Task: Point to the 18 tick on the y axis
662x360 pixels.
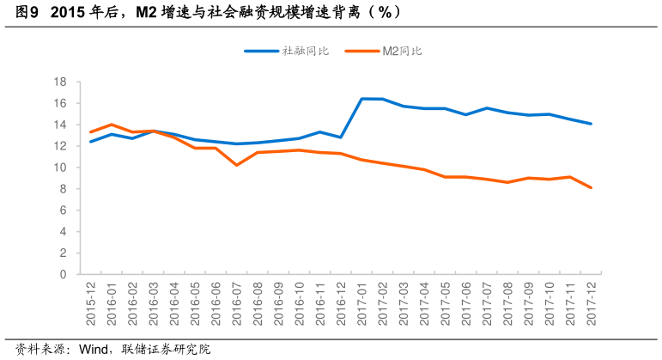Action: (60, 82)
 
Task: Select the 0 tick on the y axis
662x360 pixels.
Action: (64, 275)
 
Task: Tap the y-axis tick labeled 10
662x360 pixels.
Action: (60, 168)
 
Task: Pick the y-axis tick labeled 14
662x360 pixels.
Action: (60, 125)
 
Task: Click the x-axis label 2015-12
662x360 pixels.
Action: (91, 302)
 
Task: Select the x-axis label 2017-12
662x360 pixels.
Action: (591, 302)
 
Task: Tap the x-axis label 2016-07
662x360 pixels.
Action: (237, 302)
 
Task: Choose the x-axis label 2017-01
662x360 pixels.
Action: (361, 302)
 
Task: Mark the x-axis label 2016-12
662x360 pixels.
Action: (341, 302)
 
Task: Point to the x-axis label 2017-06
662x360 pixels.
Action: (466, 302)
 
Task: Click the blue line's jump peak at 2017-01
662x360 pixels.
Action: (361, 99)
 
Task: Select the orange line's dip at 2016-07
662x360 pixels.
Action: (237, 165)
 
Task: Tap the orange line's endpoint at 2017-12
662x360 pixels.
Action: (591, 187)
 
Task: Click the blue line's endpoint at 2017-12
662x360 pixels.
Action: (591, 124)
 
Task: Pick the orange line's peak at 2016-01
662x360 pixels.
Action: (112, 125)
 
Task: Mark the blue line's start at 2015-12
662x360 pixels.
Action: (91, 142)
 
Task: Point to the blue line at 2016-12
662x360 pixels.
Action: (341, 137)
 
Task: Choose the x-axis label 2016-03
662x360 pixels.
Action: (154, 302)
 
